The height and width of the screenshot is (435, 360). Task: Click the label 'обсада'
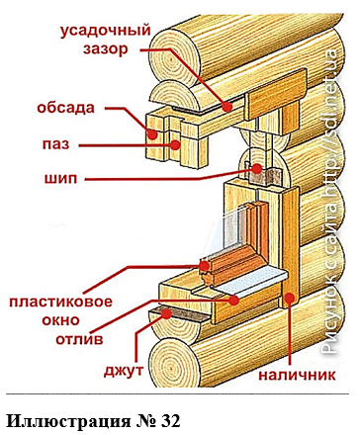[x=65, y=108]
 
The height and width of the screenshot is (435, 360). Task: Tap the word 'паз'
[x=55, y=144]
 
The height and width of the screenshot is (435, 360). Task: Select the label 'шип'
[x=60, y=179]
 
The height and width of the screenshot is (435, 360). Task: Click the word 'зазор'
[x=105, y=49]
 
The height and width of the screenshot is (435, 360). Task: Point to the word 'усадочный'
[x=105, y=31]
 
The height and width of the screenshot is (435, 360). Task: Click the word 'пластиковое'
[x=60, y=302]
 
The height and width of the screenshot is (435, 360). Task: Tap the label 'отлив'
[x=79, y=339]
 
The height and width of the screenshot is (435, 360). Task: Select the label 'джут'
[x=124, y=371]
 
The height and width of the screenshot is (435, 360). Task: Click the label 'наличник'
[x=297, y=375]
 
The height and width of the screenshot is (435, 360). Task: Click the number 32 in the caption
[x=171, y=421]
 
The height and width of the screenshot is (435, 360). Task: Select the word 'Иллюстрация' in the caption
[x=68, y=421]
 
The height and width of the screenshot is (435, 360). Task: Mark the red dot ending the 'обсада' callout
[x=152, y=134]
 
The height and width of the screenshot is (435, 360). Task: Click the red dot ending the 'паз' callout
[x=175, y=144]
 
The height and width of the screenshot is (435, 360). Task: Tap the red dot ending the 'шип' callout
[x=257, y=169]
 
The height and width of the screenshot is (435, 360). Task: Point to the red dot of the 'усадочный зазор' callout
[x=227, y=107]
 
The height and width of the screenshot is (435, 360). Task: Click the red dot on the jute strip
[x=166, y=314]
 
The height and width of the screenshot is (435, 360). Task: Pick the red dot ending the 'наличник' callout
[x=289, y=298]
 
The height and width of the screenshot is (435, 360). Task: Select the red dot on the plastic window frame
[x=204, y=266]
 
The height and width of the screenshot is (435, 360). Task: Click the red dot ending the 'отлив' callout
[x=234, y=300]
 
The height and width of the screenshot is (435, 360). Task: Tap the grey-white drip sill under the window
[x=250, y=281]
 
